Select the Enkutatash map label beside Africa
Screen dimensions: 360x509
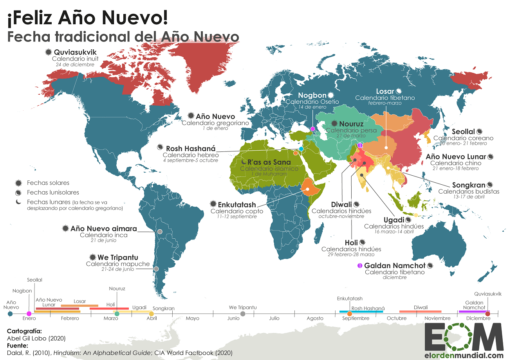coord(237,204)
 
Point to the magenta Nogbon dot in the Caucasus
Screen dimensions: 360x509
coord(312,129)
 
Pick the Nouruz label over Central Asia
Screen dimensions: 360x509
coord(351,123)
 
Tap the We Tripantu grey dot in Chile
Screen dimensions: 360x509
coord(156,269)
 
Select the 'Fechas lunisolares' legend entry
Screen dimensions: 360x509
coord(53,192)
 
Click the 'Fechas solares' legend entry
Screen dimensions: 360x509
coord(48,183)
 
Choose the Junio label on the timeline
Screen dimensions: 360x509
coord(233,318)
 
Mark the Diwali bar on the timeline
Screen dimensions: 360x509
coord(421,311)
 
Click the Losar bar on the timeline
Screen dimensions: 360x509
coord(79,306)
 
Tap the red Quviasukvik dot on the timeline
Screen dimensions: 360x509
coord(487,313)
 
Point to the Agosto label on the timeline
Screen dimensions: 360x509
coord(315,318)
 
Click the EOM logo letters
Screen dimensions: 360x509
coord(464,337)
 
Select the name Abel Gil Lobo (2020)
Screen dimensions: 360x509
coord(36,338)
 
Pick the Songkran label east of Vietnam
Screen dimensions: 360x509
coord(468,185)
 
